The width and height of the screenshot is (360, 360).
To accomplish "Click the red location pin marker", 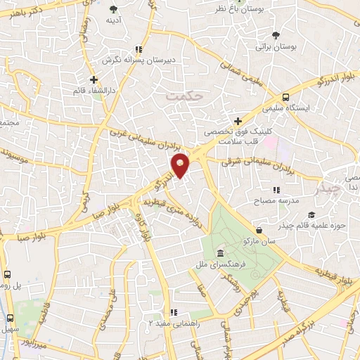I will (x=181, y=166).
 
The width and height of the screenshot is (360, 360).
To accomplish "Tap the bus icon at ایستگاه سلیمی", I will (x=285, y=98).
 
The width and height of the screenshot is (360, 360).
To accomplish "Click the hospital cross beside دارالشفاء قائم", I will (x=94, y=79).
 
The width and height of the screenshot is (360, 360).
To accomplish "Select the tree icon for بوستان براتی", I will (x=275, y=34).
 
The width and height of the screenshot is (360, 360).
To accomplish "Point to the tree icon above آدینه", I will (x=114, y=9).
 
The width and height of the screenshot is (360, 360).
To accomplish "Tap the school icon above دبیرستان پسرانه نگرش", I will (x=139, y=49).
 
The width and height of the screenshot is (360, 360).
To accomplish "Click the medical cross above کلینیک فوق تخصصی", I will (x=238, y=121).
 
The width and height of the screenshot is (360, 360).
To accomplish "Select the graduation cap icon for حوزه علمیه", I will (x=311, y=215).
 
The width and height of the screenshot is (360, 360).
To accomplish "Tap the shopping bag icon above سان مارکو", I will (x=259, y=229).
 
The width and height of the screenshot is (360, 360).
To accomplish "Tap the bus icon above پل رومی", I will (x=7, y=275).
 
